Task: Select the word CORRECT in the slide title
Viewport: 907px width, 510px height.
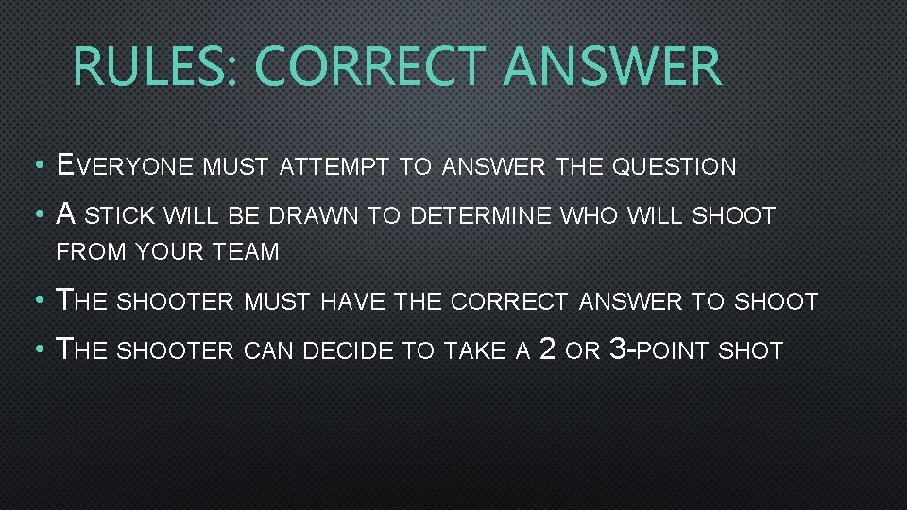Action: click(x=373, y=66)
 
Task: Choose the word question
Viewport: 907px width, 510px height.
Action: click(x=674, y=168)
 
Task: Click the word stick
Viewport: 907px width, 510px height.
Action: click(x=123, y=216)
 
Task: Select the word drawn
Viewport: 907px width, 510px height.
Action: click(x=314, y=216)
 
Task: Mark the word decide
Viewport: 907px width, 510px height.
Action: click(x=351, y=351)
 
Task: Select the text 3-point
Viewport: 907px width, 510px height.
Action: click(x=659, y=350)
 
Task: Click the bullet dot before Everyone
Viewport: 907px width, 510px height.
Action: click(x=36, y=168)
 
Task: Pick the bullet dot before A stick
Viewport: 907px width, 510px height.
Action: click(x=36, y=216)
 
